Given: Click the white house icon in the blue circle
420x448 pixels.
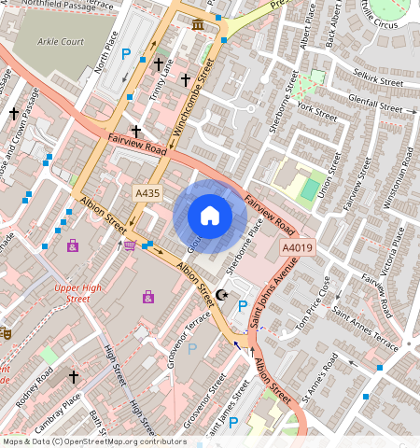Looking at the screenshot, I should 210,216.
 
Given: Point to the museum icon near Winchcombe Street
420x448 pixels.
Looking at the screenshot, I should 197,22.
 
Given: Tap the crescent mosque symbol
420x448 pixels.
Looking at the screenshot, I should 221,295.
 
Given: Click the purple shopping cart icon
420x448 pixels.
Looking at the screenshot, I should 130,245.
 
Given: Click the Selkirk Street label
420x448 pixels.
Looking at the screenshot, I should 376,83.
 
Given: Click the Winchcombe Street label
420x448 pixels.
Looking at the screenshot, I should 193,95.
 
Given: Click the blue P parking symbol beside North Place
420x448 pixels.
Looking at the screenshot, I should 126,53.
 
